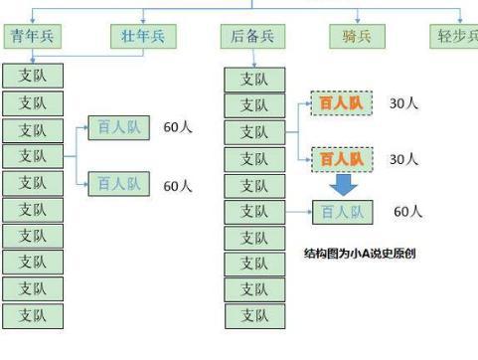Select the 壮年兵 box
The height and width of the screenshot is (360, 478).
[143, 36]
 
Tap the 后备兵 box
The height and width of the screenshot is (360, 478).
[250, 36]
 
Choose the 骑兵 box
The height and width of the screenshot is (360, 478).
[358, 36]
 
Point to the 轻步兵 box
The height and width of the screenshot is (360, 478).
[455, 36]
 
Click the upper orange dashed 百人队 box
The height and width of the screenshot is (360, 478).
[341, 103]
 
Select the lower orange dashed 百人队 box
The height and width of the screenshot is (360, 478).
[341, 158]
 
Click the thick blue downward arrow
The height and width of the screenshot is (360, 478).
[343, 185]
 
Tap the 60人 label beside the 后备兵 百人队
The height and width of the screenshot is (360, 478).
[407, 212]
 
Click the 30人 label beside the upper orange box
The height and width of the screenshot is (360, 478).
[403, 103]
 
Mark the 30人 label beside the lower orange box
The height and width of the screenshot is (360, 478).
[403, 159]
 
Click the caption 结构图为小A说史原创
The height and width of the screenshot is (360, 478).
[359, 254]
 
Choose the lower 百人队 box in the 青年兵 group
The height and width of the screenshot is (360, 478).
[118, 184]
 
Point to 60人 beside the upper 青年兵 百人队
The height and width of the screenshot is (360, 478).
[177, 128]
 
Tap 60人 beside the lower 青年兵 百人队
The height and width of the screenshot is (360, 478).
[177, 185]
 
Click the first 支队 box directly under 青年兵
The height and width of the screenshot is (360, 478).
[33, 76]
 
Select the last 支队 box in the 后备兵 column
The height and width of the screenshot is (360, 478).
[254, 316]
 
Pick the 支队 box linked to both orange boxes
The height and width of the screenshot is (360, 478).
[254, 132]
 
